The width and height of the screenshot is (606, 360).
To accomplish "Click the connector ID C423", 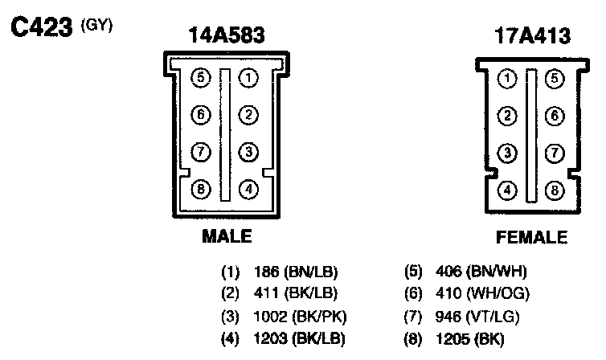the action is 41,27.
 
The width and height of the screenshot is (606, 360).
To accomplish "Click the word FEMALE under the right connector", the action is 531,237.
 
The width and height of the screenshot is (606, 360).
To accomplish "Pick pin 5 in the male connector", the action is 201,78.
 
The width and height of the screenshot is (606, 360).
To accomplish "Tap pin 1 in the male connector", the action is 249,78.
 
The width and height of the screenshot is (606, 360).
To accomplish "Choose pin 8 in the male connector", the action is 201,190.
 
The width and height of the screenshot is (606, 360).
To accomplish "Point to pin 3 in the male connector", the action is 249,152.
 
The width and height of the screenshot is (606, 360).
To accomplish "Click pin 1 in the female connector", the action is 507,79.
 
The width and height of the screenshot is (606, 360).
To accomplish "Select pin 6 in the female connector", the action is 554,116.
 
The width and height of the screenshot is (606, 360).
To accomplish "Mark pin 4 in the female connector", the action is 507,190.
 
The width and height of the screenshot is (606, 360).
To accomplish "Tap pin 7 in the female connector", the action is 554,153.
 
